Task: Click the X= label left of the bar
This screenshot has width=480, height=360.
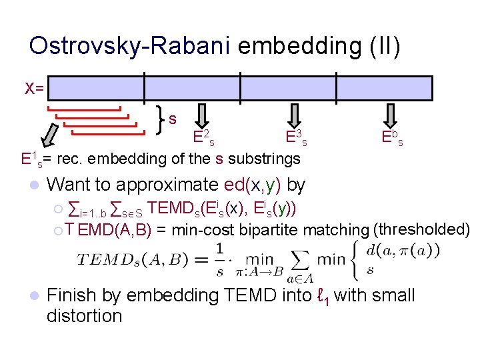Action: pyautogui.click(x=34, y=87)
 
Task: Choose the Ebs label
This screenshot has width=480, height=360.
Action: pyautogui.click(x=392, y=139)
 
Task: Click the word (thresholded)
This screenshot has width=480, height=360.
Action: pyautogui.click(x=422, y=229)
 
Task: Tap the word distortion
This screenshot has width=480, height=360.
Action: pyautogui.click(x=85, y=315)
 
